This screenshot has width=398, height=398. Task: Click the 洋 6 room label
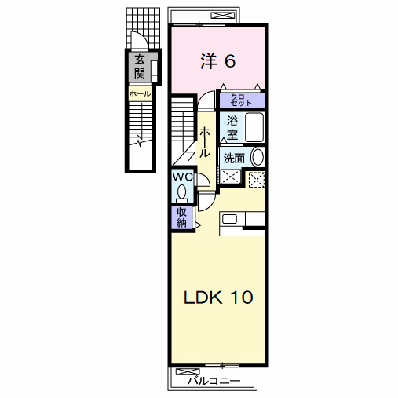218,61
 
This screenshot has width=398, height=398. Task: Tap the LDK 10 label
218,298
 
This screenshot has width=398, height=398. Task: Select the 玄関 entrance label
140,67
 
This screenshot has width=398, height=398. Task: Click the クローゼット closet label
241,100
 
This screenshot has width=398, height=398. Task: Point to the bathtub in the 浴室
254,127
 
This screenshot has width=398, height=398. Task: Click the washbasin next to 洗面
257,157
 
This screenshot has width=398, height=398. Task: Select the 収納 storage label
181,217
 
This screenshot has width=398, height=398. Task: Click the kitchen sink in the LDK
229,219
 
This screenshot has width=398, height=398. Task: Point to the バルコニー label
214,381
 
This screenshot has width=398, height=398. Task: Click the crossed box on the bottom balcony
188,371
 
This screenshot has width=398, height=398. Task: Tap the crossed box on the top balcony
223,16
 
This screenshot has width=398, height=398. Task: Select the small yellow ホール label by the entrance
140,93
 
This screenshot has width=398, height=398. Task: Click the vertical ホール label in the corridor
204,143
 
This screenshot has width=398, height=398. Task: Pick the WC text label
183,177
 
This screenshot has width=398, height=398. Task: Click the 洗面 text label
234,159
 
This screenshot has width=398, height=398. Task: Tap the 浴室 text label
232,128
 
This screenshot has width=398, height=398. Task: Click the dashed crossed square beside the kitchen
257,180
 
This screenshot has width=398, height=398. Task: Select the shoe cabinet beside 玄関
154,71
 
